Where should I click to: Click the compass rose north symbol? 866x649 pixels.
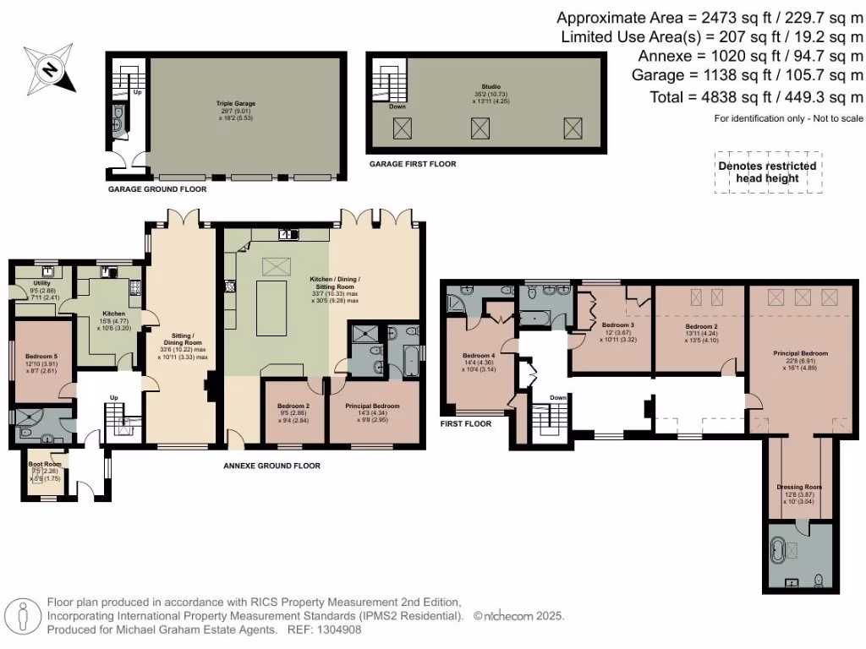point(50,69)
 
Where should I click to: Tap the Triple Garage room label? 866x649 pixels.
point(235,103)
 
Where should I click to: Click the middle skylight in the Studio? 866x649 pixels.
point(480,128)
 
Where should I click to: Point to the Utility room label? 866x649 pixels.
point(42,283)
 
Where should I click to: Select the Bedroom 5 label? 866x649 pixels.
point(40,357)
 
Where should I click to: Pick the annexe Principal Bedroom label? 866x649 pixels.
point(372,406)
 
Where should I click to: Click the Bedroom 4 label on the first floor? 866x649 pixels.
point(480,355)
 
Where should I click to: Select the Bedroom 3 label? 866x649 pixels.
point(617,325)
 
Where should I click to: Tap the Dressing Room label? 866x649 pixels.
point(799,488)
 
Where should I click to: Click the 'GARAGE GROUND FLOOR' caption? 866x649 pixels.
point(156,189)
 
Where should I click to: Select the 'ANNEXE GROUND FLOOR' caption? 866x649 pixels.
point(271,466)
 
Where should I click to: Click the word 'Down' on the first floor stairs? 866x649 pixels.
point(558,397)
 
